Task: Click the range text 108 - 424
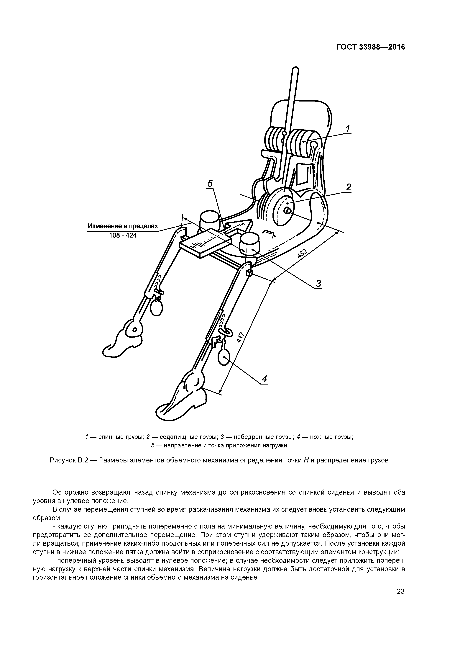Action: pos(123,235)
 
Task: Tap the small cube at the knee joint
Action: pos(249,273)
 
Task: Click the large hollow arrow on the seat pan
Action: pos(238,227)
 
